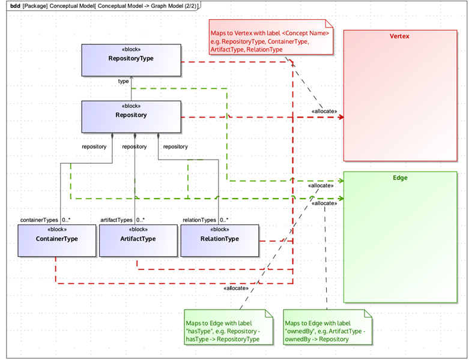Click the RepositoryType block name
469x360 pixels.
tap(131, 59)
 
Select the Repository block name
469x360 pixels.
tap(131, 115)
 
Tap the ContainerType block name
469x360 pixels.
tap(56, 239)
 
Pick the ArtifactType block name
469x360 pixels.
tap(137, 239)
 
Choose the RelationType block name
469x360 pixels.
tap(219, 239)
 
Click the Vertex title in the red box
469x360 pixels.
tap(400, 37)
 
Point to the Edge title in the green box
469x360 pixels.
tap(400, 178)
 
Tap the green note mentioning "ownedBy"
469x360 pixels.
tap(327, 328)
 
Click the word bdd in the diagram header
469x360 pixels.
tap(15, 5)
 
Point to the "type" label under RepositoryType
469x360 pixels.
tap(123, 80)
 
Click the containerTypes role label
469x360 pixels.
tap(39, 220)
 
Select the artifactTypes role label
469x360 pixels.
tap(116, 220)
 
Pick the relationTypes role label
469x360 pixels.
tap(199, 220)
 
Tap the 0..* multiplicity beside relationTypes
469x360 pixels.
tap(224, 220)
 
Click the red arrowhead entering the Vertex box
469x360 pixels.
tap(340, 116)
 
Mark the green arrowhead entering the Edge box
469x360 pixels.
tap(340, 197)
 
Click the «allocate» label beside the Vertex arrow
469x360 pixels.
tap(324, 112)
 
